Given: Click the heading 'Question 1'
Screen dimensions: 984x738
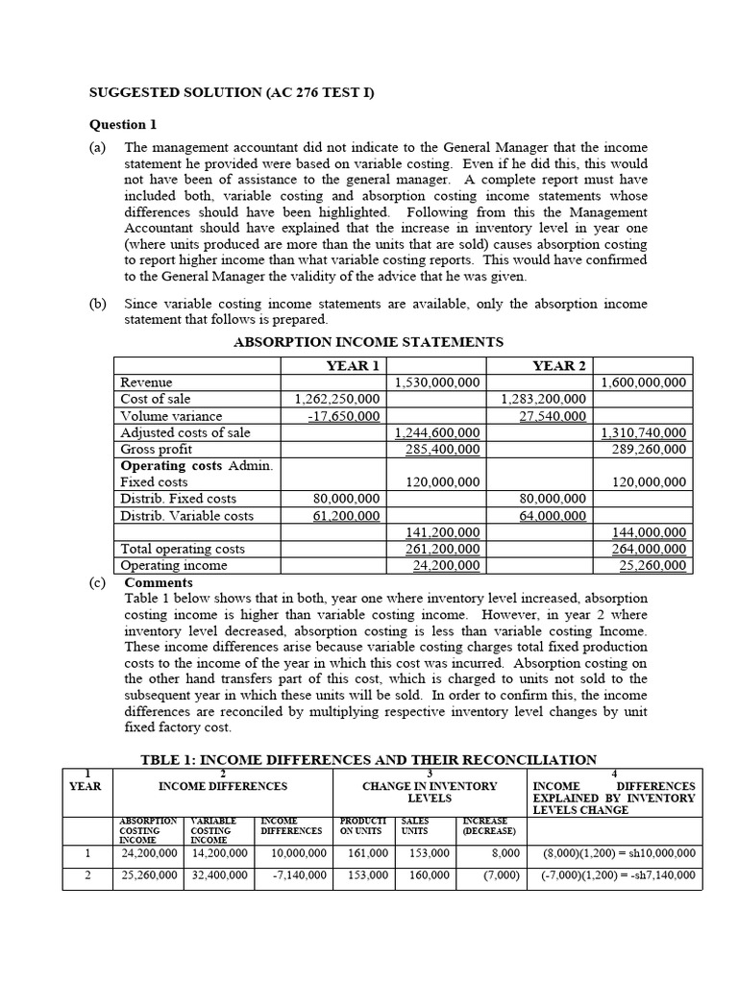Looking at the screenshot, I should pyautogui.click(x=122, y=124).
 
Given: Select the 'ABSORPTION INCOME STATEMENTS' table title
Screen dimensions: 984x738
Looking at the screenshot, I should pyautogui.click(x=369, y=342).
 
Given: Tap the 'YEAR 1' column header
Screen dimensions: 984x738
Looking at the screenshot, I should pyautogui.click(x=354, y=365).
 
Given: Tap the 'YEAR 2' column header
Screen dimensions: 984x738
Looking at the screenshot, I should pyautogui.click(x=559, y=365).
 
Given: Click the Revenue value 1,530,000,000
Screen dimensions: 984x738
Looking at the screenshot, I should pyautogui.click(x=437, y=382).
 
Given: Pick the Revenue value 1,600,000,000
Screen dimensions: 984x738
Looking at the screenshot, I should pyautogui.click(x=643, y=382).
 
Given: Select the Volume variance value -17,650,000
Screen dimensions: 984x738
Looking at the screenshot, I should pyautogui.click(x=343, y=416).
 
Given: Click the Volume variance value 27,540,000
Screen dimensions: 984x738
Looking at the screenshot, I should pyautogui.click(x=552, y=416).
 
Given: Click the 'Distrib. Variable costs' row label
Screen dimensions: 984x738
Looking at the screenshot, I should pyautogui.click(x=186, y=516).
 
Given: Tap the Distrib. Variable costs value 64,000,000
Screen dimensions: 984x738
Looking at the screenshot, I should pyautogui.click(x=552, y=516).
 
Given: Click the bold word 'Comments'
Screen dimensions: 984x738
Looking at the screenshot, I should pyautogui.click(x=159, y=582).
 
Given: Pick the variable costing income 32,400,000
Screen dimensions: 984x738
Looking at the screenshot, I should pyautogui.click(x=217, y=875).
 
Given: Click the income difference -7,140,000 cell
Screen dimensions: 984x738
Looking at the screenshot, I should pyautogui.click(x=296, y=875).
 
